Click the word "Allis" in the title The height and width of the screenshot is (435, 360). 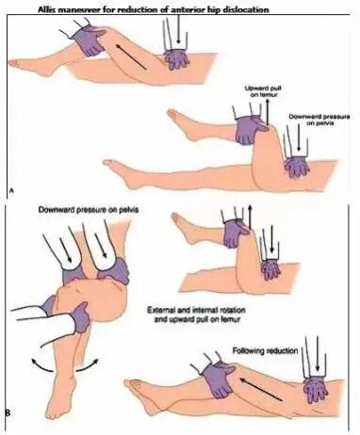(44, 9)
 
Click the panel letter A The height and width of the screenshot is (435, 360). (11, 189)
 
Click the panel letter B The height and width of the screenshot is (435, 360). (8, 411)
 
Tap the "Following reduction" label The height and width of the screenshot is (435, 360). (265, 350)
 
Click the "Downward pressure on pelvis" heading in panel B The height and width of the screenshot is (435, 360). (89, 209)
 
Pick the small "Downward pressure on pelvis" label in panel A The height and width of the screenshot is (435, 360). (319, 120)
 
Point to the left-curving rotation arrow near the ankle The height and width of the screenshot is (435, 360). (41, 365)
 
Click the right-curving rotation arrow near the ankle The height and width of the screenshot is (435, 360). (88, 365)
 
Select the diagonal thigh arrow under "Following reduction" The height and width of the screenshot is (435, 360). (260, 389)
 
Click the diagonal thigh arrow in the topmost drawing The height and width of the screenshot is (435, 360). (131, 56)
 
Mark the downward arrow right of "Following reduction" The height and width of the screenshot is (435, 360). (318, 354)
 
